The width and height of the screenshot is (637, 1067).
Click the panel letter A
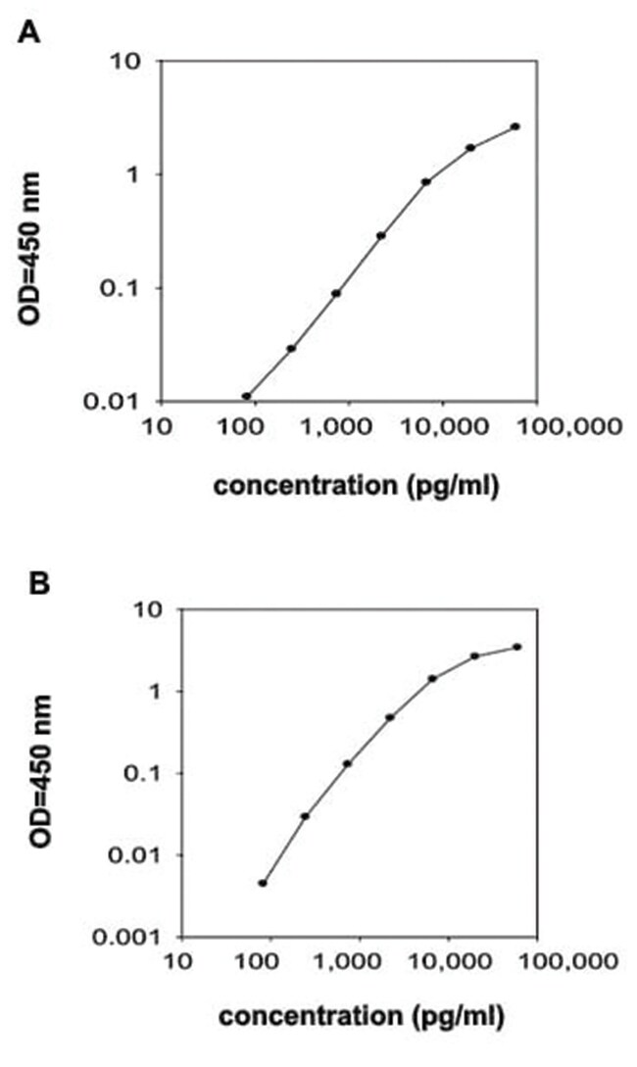27,31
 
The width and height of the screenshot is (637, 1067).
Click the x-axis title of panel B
362,1017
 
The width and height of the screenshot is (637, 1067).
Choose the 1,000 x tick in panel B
359,961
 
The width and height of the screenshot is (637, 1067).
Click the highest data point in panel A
515,126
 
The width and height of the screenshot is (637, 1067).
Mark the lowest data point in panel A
246,396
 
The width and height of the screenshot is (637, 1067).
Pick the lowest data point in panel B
263,883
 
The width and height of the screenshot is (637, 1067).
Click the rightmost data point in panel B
517,647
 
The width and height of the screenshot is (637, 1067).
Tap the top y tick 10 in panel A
129,62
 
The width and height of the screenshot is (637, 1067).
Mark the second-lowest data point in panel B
305,816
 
